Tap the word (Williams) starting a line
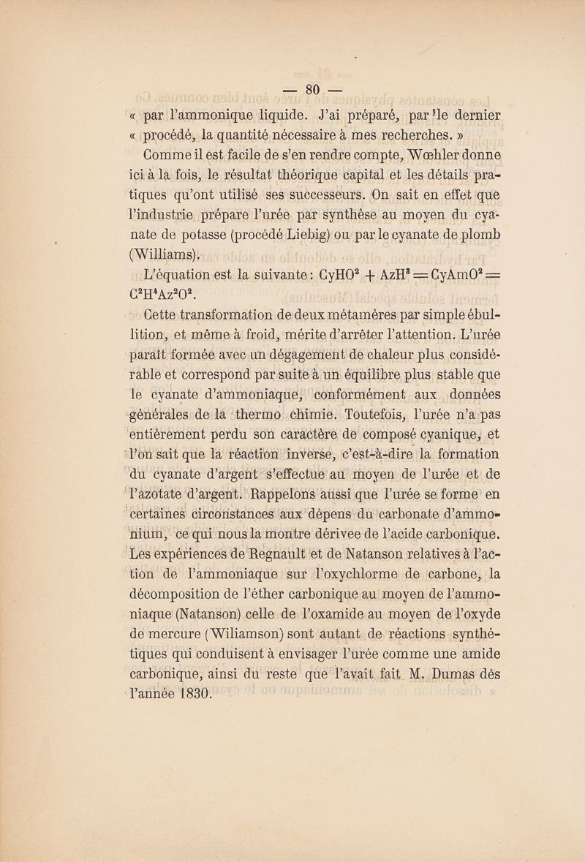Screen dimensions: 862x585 [x=158, y=255]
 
